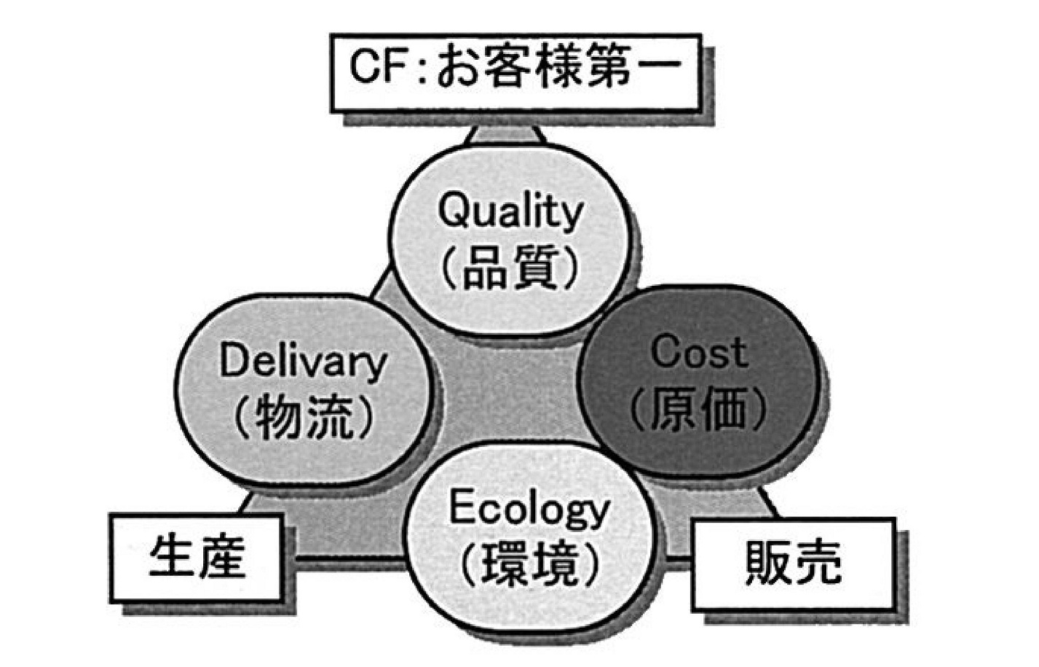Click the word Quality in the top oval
coord(510,212)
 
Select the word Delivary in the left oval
coord(304,363)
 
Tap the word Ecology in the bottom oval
coord(529,510)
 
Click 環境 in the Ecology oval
coord(529,565)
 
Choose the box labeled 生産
coord(196,558)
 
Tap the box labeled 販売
coord(793,563)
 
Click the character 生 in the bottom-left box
coord(170,557)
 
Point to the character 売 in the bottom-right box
coord(818,563)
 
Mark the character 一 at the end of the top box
coord(659,66)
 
